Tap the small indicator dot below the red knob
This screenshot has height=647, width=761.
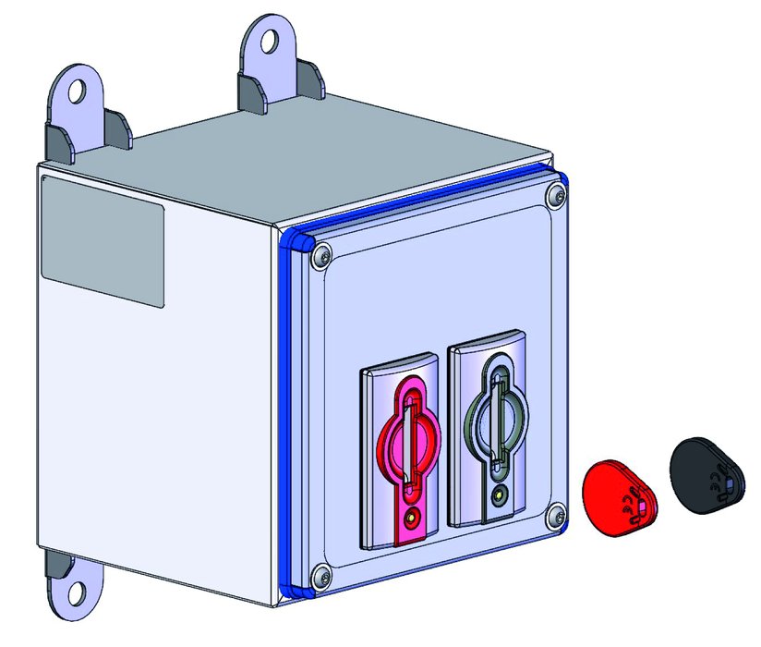point(411,519)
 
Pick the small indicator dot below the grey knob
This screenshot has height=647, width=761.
point(500,495)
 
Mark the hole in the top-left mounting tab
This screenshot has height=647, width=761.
point(77,91)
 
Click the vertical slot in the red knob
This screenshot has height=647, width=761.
point(410,445)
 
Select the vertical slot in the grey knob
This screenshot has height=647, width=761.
point(499,423)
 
